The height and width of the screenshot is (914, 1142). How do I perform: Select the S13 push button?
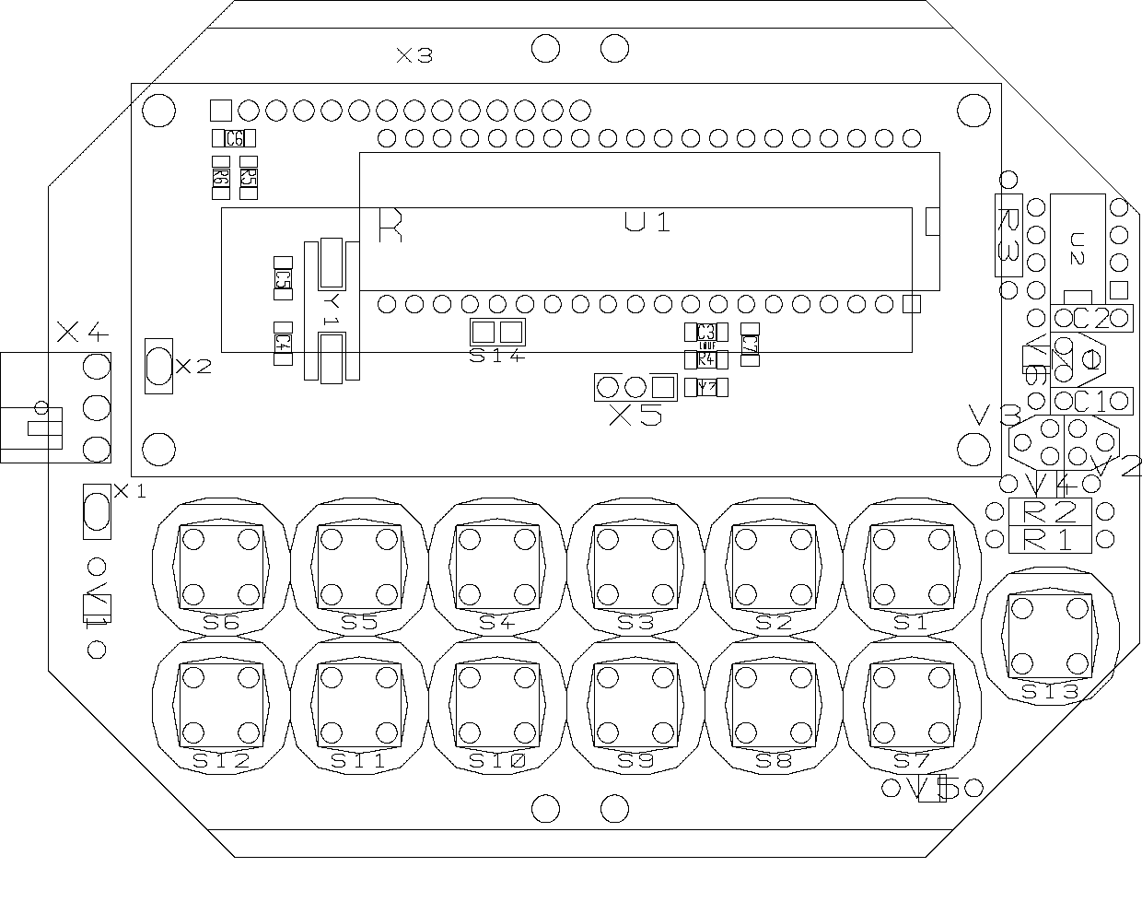[x=1050, y=636]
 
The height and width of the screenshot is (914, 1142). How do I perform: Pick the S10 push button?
[x=497, y=705]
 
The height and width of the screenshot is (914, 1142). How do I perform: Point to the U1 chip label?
[x=647, y=222]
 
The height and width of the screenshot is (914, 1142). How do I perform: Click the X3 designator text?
[x=414, y=56]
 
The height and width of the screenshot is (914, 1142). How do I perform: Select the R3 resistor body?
[x=1008, y=235]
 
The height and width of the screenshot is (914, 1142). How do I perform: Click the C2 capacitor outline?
[x=1091, y=319]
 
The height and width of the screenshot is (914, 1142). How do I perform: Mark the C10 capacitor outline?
[x=1091, y=401]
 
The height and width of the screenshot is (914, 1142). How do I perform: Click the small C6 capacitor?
[x=234, y=139]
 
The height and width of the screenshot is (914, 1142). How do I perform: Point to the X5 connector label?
[x=636, y=416]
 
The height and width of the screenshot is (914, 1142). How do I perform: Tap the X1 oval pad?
[x=97, y=511]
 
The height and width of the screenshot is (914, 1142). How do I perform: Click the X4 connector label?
[x=83, y=333]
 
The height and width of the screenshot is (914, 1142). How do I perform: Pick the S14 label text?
[x=497, y=356]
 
